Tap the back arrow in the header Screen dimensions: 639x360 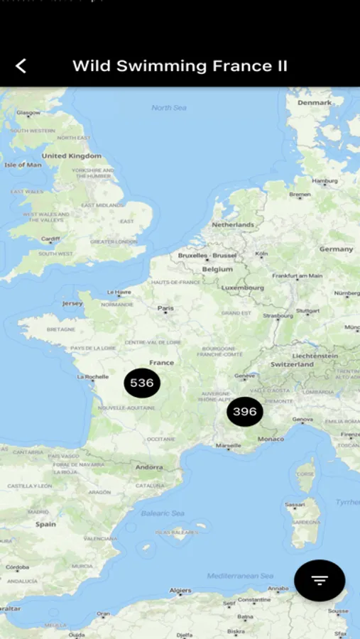pos(21,66)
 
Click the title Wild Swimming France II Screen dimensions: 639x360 pos(180,66)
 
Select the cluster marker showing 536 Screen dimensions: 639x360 pos(142,383)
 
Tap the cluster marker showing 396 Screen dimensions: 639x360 pos(245,412)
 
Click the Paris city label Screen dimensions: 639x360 pos(165,308)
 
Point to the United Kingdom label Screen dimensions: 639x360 pos(71,155)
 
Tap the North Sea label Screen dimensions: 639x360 pos(168,108)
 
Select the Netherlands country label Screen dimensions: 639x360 pos(232,224)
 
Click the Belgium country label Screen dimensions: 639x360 pos(217,269)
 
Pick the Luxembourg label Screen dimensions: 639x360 pos(242,288)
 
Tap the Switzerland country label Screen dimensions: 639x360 pos(292,364)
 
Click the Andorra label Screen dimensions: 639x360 pos(150,467)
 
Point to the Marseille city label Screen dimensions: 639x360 pos(228,446)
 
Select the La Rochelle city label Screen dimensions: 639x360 pos(92,376)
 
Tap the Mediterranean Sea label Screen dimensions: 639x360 pos(240,576)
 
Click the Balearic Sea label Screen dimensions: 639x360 pos(163,513)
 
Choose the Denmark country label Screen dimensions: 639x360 pos(315,102)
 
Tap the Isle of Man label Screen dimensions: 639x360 pos(23,165)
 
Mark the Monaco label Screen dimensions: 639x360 pos(271,439)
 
